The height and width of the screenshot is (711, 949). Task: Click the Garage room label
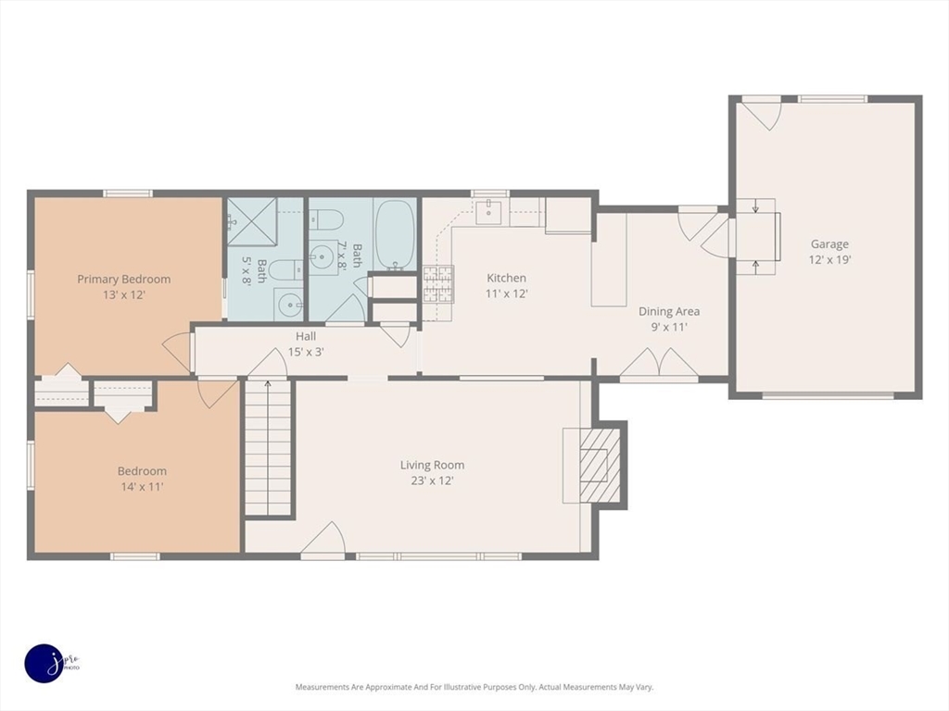point(829,244)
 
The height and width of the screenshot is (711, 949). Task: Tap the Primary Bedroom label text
point(123,280)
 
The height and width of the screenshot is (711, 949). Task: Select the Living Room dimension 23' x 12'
point(432,480)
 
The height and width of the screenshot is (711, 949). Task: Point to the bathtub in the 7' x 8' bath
point(395,235)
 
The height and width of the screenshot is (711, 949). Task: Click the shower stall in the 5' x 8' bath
point(252,221)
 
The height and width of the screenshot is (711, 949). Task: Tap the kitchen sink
point(487,212)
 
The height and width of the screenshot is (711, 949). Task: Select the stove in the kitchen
point(437,283)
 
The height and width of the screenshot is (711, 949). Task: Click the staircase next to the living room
point(268,447)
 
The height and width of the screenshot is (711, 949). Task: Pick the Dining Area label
point(669,311)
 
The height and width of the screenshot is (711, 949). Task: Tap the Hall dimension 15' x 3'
point(306,352)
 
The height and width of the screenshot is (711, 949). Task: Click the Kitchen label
point(507,278)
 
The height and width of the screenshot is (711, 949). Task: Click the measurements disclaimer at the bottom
point(474,687)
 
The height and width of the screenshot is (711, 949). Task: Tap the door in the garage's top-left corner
point(762,114)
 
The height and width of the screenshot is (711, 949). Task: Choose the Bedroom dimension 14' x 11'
point(142,487)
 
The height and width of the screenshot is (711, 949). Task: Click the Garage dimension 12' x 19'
point(829,260)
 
